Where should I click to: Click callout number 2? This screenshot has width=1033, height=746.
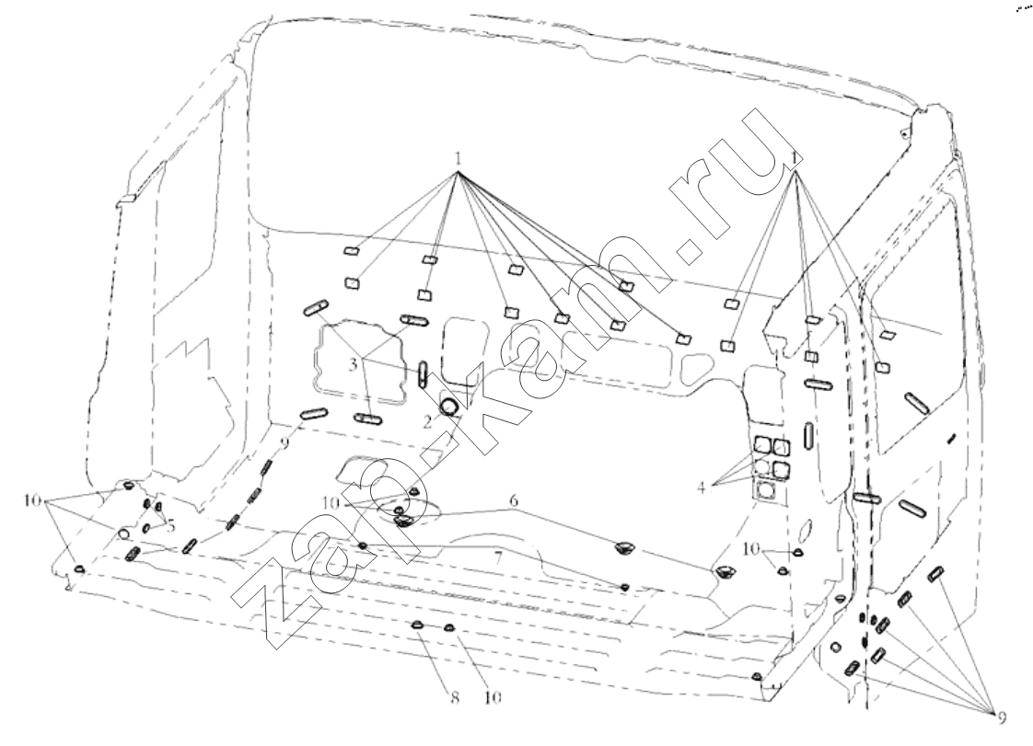pos(426,422)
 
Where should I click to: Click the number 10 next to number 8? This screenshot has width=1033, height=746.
pos(491,696)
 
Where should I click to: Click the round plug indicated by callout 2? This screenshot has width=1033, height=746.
pos(451,405)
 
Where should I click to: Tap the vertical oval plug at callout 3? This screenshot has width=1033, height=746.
pos(423,373)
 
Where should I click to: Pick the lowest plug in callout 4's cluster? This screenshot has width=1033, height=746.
pos(763,490)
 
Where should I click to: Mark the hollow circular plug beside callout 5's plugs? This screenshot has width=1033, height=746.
pos(122,534)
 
